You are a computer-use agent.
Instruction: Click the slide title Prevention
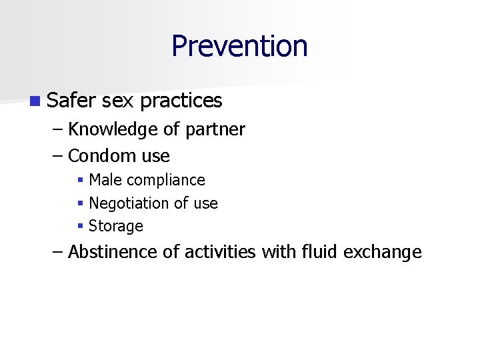coord(239,47)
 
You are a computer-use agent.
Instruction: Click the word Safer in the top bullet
coord(72,101)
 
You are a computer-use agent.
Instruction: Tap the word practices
coord(181,101)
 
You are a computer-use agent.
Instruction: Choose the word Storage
coord(116,227)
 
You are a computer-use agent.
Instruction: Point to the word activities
coord(221,252)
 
